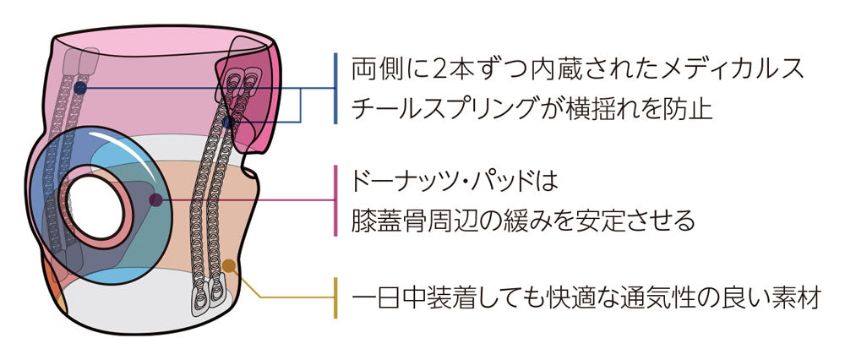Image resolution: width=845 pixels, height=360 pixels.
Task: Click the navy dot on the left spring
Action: click(x=79, y=87)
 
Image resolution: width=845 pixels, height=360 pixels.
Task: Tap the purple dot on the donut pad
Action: click(x=155, y=200)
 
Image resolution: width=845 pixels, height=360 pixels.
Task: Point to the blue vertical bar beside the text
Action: click(x=335, y=88)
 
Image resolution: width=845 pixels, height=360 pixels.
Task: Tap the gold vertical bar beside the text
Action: click(x=335, y=298)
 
